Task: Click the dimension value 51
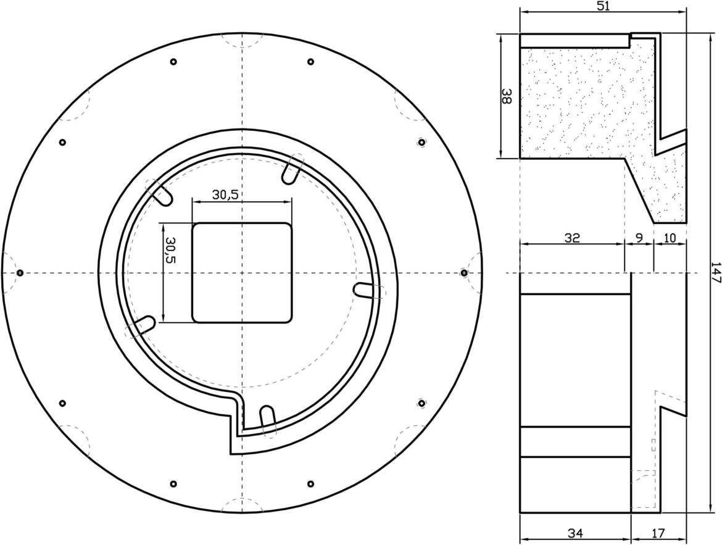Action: coord(603,6)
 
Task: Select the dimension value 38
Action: coord(507,96)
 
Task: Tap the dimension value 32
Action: coord(572,238)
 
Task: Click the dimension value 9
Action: coord(639,238)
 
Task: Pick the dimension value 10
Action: coord(670,238)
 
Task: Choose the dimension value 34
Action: coord(575,533)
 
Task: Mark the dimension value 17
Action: coord(658,533)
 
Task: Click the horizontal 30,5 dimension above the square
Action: coord(225,195)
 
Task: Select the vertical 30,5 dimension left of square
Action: coord(170,250)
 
